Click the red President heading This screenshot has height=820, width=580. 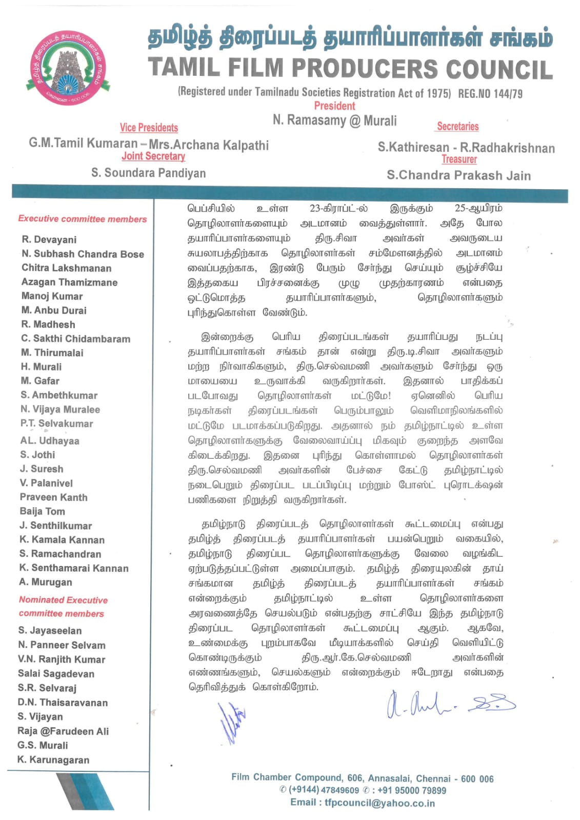[x=334, y=106]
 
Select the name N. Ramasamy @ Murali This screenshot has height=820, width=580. [x=334, y=120]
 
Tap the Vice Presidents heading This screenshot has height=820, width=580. [x=149, y=128]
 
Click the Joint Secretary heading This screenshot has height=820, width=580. [x=153, y=156]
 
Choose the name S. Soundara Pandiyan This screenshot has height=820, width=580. [x=148, y=173]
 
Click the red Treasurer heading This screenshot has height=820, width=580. [x=459, y=159]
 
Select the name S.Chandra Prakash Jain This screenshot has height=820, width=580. [x=458, y=175]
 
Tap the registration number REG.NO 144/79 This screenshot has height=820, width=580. [x=490, y=94]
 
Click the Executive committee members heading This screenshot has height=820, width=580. [x=83, y=219]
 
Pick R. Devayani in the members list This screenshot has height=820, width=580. [x=49, y=239]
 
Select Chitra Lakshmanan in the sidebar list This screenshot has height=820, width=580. [x=66, y=268]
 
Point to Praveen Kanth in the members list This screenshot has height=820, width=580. [x=53, y=497]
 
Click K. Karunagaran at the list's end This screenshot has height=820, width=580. [x=53, y=760]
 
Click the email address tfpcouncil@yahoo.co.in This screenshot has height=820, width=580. [x=379, y=803]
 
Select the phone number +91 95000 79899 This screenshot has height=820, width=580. [x=412, y=790]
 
